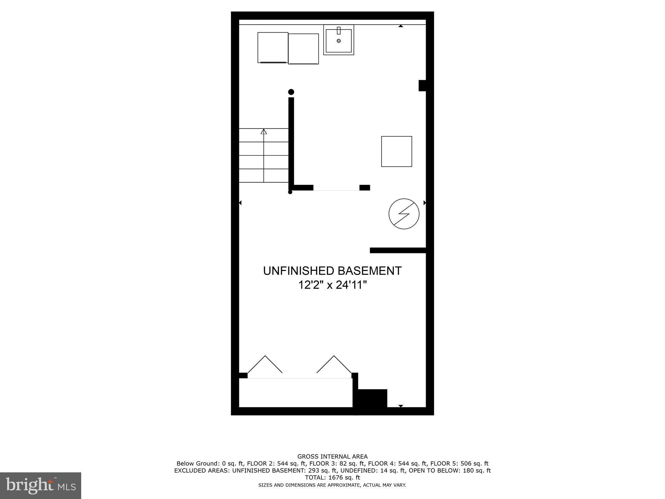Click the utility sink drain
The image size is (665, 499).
[339, 41]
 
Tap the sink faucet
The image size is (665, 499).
[339, 31]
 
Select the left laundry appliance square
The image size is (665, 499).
[273, 47]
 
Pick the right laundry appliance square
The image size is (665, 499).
[303, 49]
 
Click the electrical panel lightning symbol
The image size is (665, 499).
[404, 214]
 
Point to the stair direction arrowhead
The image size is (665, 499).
[264, 132]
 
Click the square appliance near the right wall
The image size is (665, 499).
[396, 151]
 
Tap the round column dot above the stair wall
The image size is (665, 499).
[291, 92]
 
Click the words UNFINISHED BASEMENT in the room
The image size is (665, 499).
[332, 271]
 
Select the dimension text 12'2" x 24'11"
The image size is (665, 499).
[332, 285]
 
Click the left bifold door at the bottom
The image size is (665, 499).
[265, 365]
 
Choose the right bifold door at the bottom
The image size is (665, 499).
[334, 365]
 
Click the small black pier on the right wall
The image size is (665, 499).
[422, 85]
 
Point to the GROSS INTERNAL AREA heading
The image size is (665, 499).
[332, 456]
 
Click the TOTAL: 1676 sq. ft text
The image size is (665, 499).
[332, 478]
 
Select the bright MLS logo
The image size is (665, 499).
[40, 485]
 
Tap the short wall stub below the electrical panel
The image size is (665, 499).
[398, 250]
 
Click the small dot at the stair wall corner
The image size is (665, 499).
[290, 192]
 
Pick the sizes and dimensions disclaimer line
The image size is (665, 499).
[332, 485]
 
